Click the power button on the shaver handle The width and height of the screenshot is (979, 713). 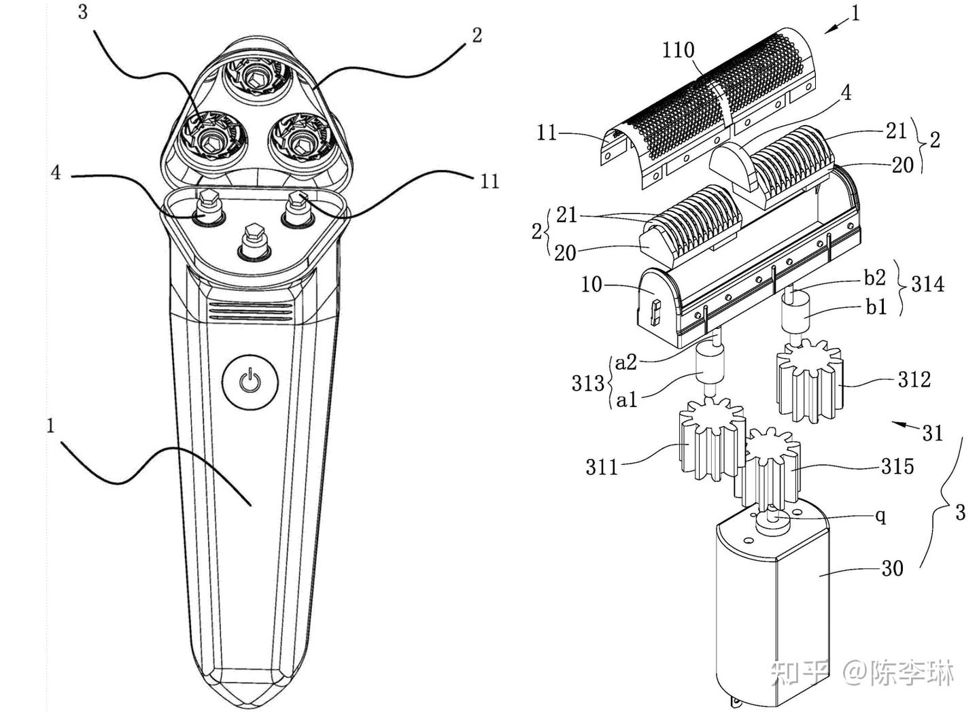[x=250, y=383]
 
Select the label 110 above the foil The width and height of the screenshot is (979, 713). [x=678, y=51]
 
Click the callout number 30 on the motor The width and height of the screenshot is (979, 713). [x=892, y=569]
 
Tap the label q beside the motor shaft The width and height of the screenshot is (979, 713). [x=881, y=517]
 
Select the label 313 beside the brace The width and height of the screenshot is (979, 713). [x=588, y=383]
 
